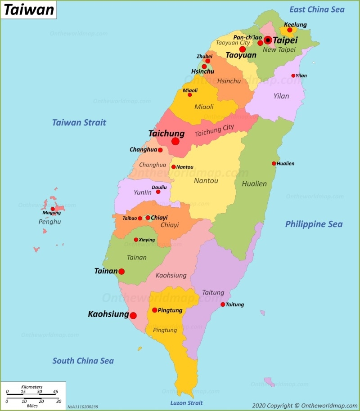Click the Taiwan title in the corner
point(29,9)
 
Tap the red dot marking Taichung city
point(175,141)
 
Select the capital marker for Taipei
point(268,40)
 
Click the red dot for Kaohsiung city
point(133,316)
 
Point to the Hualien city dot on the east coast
point(274,164)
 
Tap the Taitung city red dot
point(223,304)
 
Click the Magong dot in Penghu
point(53,209)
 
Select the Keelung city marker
point(290,30)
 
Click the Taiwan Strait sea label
point(79,122)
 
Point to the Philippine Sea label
point(314,224)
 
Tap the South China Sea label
point(83,361)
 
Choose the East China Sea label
point(317,9)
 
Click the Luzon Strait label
point(186,403)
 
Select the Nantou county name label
point(206,181)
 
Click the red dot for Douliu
point(158,192)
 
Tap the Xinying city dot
point(136,240)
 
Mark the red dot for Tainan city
point(121,272)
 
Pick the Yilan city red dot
point(293,76)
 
